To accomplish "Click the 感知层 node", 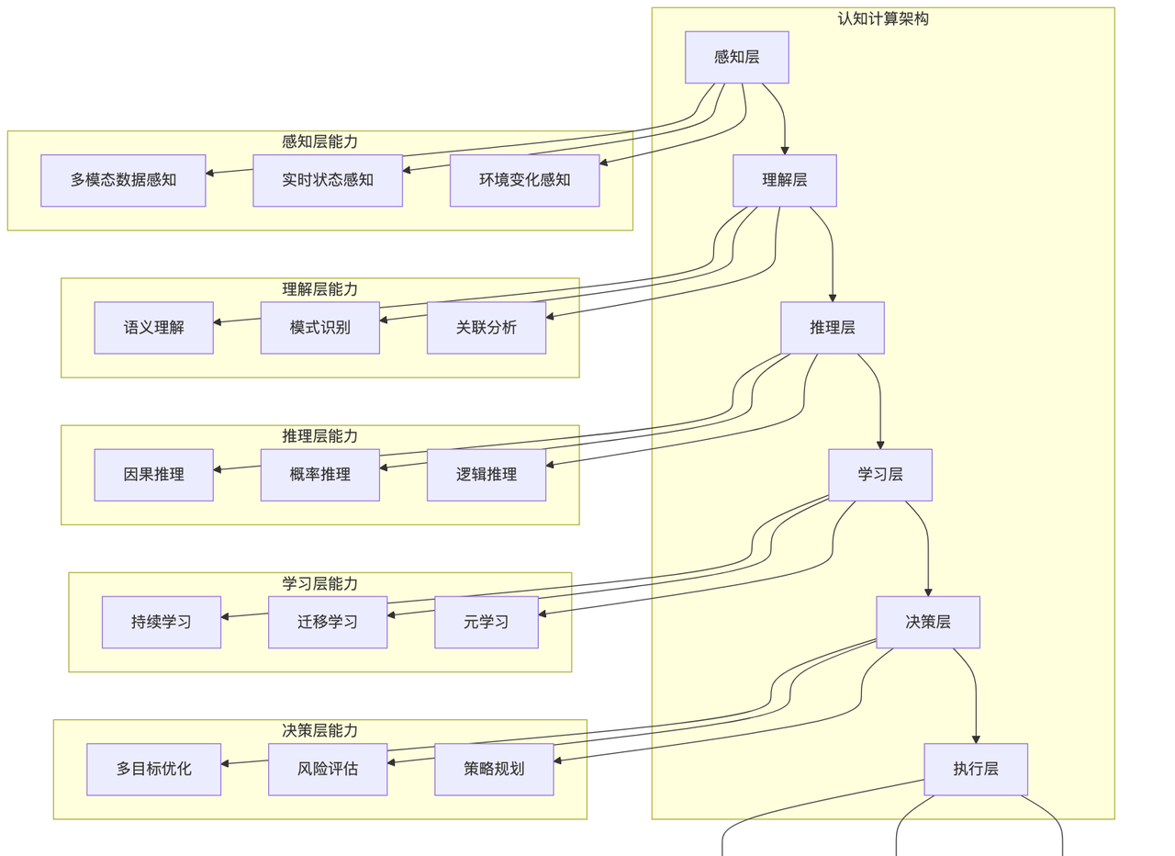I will coord(736,57).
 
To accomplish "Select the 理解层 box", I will coord(784,180).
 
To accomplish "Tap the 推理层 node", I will coord(832,327).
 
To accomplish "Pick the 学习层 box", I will coord(879,475).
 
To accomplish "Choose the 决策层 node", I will coord(927,622).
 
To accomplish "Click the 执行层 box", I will coord(975,769).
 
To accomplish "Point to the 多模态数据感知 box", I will coord(123,180).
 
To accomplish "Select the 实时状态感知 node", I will coord(328,180).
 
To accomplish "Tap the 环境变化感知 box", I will coord(524,180).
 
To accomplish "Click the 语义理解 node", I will coord(153,327).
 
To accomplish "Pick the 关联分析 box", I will coord(486,327).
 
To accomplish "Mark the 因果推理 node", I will coord(153,475).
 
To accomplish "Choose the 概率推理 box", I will coord(319,475).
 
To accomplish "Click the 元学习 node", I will coord(486,622).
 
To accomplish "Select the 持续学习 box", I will coord(161,622).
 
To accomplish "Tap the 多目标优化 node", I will coord(153,769).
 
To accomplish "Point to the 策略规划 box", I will coord(494,769).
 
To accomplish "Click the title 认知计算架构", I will coord(882,18).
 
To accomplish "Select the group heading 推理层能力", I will coord(319,436).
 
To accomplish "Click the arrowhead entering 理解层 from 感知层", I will coord(785,150).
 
